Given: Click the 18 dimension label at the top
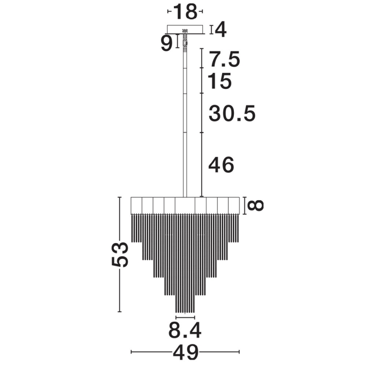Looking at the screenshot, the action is [186, 12].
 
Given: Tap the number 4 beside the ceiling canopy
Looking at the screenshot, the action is [221, 29].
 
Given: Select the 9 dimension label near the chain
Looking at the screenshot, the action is [167, 44].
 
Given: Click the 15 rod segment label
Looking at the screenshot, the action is [220, 81].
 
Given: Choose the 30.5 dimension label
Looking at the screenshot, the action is [232, 114].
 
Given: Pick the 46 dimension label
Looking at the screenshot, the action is [221, 165].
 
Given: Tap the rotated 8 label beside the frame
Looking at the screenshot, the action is [255, 205].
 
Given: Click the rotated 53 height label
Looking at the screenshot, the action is [120, 255].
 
